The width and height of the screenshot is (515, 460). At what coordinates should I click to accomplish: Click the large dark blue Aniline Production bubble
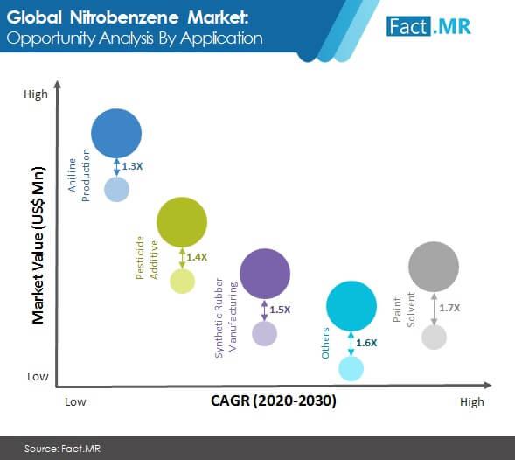point(116,134)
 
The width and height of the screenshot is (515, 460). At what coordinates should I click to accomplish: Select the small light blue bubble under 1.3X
point(116,189)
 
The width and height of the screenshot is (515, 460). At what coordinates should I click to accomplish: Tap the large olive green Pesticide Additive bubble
point(182,222)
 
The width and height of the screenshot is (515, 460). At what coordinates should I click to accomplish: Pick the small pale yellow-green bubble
point(182,282)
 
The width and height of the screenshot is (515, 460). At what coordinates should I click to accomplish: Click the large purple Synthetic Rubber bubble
point(265,274)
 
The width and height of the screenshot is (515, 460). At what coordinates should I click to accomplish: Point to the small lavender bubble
point(264,333)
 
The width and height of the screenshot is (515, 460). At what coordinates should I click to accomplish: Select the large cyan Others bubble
point(351,306)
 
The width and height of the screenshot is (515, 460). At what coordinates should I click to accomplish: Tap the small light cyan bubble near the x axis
point(351,369)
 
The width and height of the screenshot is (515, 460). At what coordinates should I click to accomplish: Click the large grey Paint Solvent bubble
point(434,267)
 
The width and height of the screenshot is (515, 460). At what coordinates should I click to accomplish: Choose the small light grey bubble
point(434,337)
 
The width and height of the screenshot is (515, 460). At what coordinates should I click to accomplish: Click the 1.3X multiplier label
point(132,166)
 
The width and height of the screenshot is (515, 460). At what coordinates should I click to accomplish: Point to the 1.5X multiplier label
point(280,310)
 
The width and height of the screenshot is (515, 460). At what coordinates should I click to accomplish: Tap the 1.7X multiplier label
point(449,308)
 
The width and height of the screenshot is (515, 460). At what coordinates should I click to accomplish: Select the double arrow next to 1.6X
point(351,344)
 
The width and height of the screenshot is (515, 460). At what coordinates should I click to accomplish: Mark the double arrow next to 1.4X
point(182,258)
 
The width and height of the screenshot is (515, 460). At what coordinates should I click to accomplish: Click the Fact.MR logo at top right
point(428,26)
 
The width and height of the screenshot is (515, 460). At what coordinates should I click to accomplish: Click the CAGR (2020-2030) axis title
point(274,401)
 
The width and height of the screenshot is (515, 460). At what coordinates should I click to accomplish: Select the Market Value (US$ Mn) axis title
point(38,246)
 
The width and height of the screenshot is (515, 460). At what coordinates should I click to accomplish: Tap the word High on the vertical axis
point(36,94)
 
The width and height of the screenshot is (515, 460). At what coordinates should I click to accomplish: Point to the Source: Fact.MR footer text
point(62,449)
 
